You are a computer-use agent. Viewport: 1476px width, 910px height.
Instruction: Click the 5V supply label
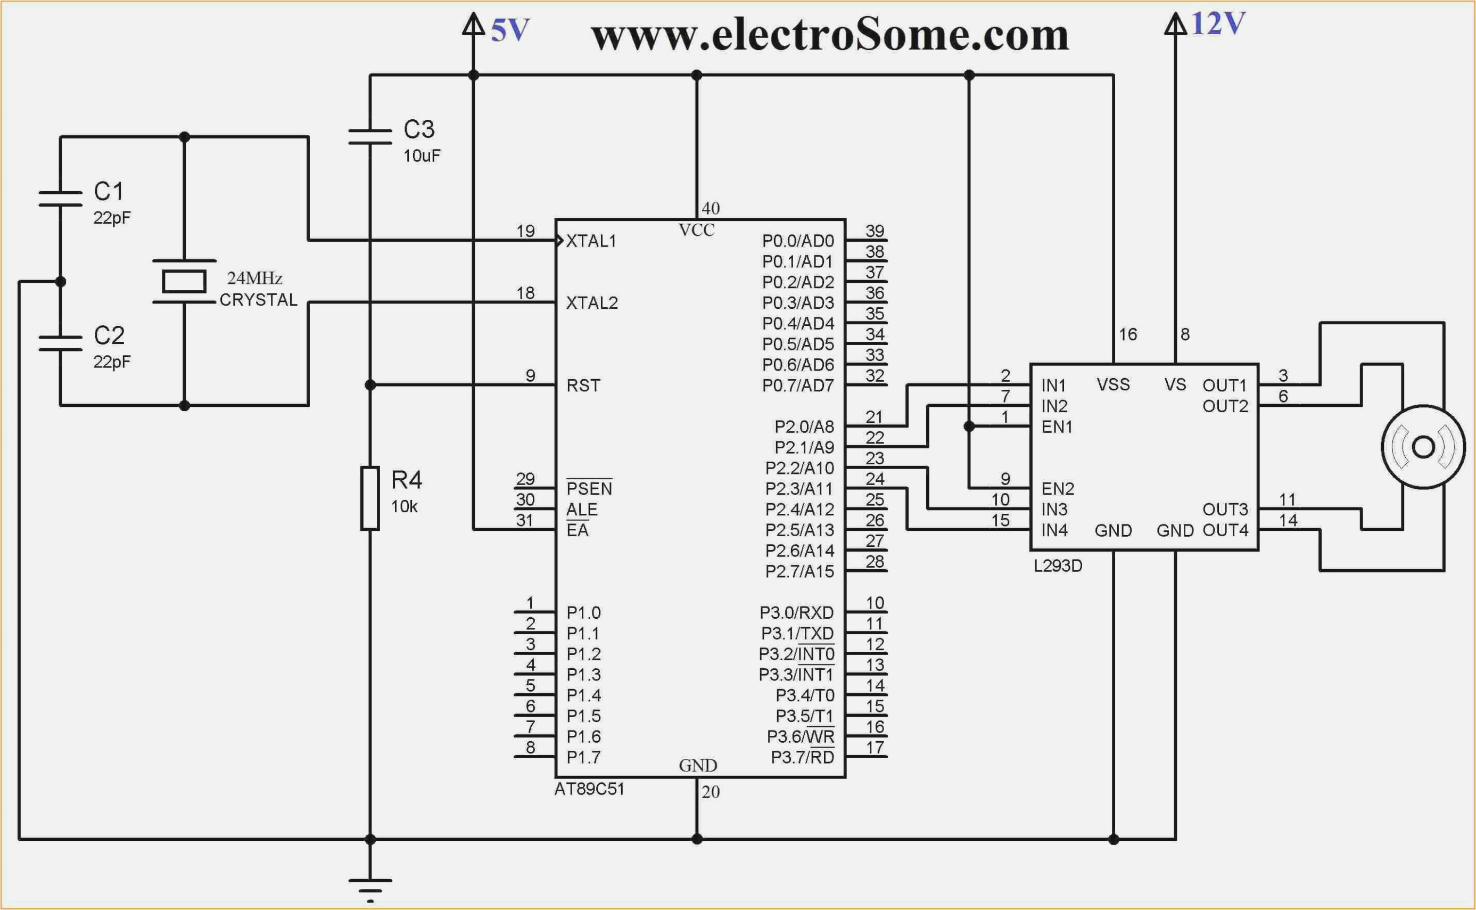click(x=509, y=30)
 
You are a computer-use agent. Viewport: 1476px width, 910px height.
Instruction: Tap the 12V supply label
click(x=1217, y=24)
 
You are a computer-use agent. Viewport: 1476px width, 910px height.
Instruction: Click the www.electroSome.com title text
click(x=829, y=35)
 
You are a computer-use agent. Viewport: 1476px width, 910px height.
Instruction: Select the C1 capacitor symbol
click(x=60, y=199)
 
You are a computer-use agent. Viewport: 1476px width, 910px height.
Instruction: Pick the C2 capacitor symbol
click(x=60, y=343)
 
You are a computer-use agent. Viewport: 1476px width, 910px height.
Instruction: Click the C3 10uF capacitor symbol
click(x=370, y=137)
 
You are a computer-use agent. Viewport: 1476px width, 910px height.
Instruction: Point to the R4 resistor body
click(x=370, y=498)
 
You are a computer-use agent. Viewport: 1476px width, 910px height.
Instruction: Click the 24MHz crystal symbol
click(x=184, y=282)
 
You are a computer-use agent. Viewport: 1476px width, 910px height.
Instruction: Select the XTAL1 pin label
click(x=591, y=241)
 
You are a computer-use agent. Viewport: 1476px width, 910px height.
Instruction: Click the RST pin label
click(x=583, y=385)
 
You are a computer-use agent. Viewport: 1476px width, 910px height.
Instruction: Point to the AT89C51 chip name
click(x=589, y=789)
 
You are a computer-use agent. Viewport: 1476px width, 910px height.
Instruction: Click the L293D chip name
click(x=1058, y=565)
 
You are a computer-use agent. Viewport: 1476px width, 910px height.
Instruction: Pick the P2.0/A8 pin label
click(x=804, y=427)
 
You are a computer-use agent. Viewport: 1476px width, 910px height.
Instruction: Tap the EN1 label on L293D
click(x=1057, y=427)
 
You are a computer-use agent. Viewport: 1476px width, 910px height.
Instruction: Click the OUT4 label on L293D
click(x=1225, y=530)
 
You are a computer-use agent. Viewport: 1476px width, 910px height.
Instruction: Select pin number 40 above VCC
click(x=711, y=208)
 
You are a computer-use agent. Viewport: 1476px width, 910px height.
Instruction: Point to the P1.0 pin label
click(x=583, y=613)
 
